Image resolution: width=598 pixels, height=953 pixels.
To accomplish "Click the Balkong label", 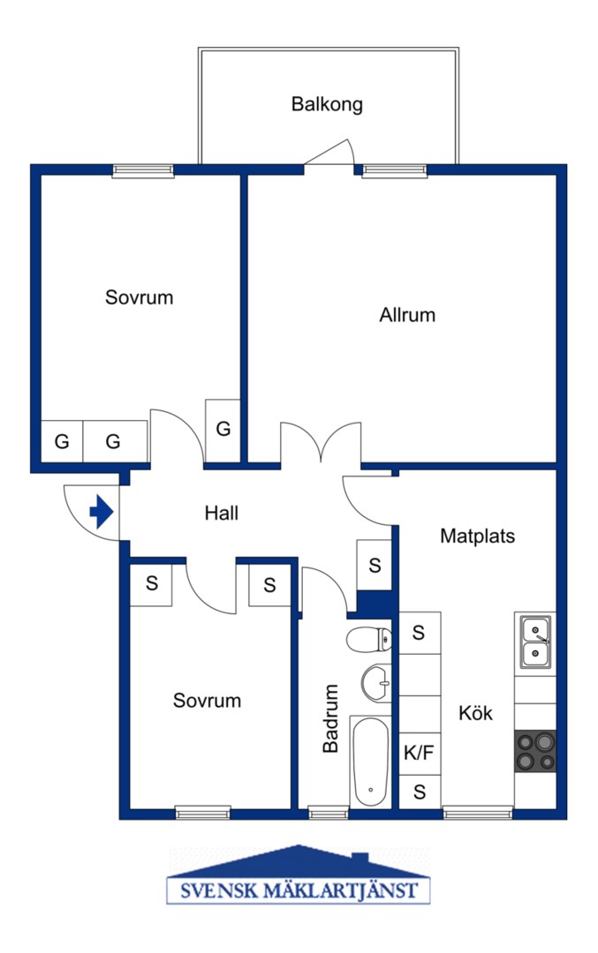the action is click(x=327, y=104).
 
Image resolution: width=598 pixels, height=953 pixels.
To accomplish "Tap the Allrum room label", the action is click(x=407, y=315).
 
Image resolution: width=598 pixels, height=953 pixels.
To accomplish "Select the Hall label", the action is click(x=222, y=513).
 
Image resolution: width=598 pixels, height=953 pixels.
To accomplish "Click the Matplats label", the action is click(x=478, y=536).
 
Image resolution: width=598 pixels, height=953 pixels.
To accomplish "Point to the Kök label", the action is click(x=476, y=712).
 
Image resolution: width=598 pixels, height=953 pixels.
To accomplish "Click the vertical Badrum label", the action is click(x=330, y=718).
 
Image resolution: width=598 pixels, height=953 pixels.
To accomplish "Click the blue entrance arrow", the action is click(x=102, y=512).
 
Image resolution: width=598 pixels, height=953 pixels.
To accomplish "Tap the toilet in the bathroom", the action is click(x=368, y=639).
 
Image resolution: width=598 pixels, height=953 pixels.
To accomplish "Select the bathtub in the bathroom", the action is click(x=370, y=762).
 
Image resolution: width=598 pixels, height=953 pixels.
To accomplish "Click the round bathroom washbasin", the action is click(x=376, y=683).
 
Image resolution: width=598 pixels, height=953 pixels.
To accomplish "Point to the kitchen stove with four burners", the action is click(x=535, y=751).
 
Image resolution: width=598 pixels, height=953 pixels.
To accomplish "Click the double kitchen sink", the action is click(x=535, y=642).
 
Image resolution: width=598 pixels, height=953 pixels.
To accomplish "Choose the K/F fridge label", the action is click(x=420, y=753).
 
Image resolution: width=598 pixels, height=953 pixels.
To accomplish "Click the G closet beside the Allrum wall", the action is click(x=223, y=429).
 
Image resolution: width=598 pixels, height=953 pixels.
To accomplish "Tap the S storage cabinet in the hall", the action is click(x=375, y=566).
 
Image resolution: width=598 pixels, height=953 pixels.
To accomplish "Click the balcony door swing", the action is click(x=329, y=152).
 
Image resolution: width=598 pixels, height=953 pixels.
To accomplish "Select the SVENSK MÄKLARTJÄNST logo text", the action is click(x=299, y=891).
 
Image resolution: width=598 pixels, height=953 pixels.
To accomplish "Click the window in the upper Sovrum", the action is click(x=143, y=171).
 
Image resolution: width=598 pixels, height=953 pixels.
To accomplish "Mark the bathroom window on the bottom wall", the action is click(x=328, y=812).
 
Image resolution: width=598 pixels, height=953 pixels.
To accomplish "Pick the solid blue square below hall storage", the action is click(x=374, y=604).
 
